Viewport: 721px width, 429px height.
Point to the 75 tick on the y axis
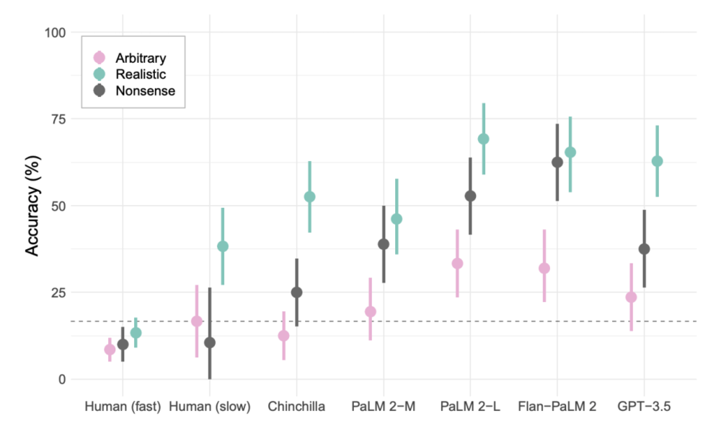57,119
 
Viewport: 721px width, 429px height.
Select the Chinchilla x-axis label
296,407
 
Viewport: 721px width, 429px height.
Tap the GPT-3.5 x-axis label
644,407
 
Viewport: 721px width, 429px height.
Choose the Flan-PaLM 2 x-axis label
557,407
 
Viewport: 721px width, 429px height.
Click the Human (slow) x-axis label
209,407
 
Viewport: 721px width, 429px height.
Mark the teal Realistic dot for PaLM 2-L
484,139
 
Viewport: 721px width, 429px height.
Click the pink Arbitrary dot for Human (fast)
110,350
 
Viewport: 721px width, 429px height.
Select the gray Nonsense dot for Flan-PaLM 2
557,162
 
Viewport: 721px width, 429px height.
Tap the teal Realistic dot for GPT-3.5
657,161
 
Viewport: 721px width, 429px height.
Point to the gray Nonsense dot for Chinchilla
296,292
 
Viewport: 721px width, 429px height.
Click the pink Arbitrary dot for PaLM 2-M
371,312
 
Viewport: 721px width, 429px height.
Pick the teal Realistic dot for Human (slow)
223,246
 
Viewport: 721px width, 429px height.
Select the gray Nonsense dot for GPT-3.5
644,249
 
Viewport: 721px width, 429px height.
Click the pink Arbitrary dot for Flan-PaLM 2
544,269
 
